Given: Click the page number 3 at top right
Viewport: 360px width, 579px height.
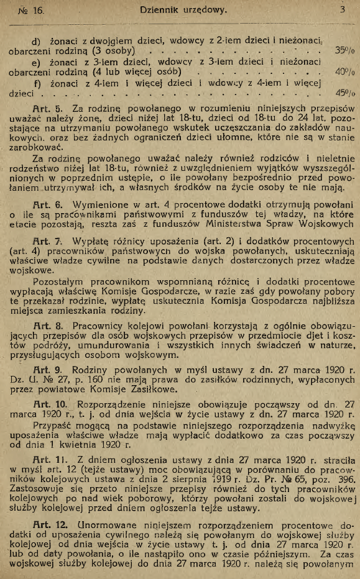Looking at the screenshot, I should [342, 9].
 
